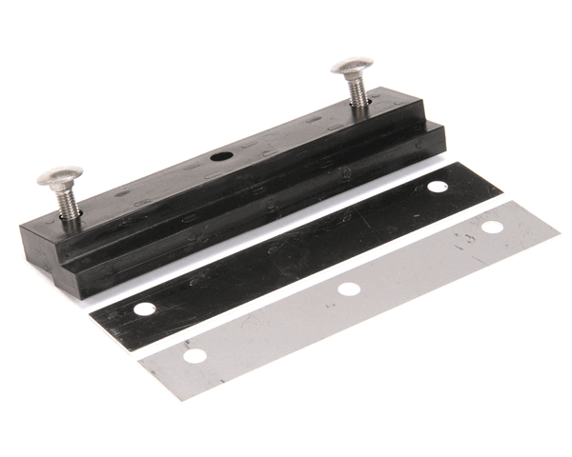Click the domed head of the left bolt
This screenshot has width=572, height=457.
[x=59, y=176]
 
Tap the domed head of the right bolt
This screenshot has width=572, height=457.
[x=352, y=67]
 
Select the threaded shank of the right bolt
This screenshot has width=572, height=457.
[x=357, y=91]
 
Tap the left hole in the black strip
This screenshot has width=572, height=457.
[x=144, y=309]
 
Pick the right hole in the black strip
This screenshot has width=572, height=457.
[x=438, y=187]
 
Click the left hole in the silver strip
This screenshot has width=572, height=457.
[x=194, y=356]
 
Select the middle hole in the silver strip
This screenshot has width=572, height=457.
[x=349, y=288]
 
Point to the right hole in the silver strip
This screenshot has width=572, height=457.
[x=492, y=227]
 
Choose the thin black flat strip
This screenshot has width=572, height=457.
[x=286, y=249]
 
